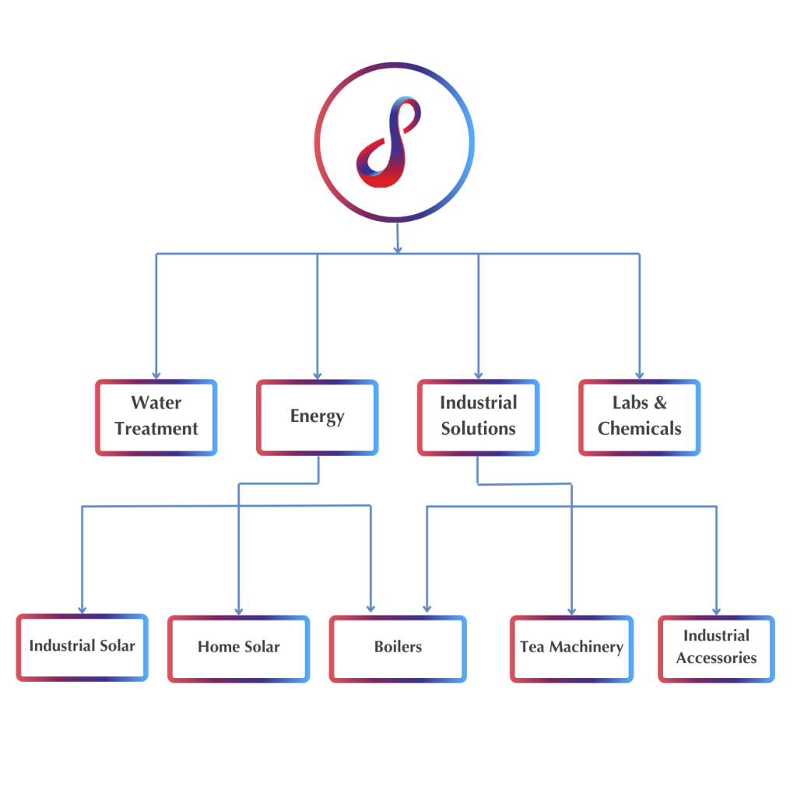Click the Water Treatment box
click(156, 417)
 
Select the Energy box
click(317, 417)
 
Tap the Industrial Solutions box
click(478, 417)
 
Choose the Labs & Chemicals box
click(639, 417)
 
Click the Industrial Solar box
click(82, 648)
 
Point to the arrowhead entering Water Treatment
click(156, 375)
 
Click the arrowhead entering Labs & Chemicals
click(640, 375)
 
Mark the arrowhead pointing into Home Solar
click(238, 611)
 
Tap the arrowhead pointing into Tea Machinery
click(572, 611)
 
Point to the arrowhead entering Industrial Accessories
click(716, 611)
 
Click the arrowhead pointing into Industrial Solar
click(82, 609)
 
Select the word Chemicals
click(639, 429)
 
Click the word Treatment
click(156, 429)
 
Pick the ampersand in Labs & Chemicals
click(661, 403)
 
